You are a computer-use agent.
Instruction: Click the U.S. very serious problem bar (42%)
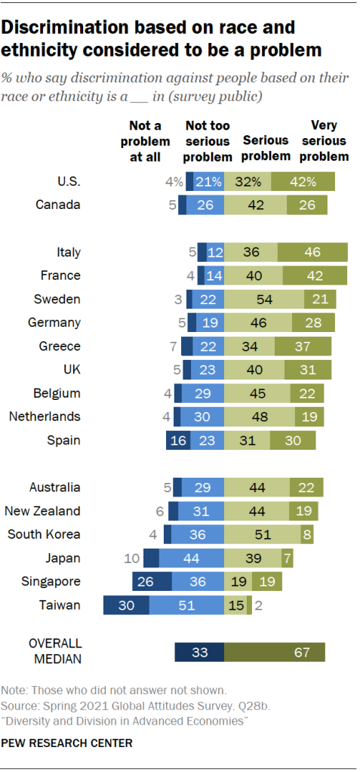[303, 181]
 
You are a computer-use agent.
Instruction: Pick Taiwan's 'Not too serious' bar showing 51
[186, 605]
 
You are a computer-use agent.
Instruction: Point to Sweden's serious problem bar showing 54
[264, 300]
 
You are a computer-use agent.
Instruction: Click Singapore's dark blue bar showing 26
[152, 581]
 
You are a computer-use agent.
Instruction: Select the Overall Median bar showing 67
[275, 653]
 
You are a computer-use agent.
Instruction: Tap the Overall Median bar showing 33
[199, 653]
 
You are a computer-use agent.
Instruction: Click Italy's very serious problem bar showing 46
[312, 253]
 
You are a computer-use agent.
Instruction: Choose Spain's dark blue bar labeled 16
[178, 441]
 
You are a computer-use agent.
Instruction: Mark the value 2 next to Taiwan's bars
[258, 605]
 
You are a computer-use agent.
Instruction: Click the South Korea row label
[44, 534]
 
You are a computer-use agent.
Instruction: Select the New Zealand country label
[42, 511]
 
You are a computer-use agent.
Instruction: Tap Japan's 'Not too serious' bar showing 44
[192, 558]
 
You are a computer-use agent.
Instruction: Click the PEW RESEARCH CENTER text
[67, 743]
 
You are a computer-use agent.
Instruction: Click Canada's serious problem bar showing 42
[257, 205]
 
